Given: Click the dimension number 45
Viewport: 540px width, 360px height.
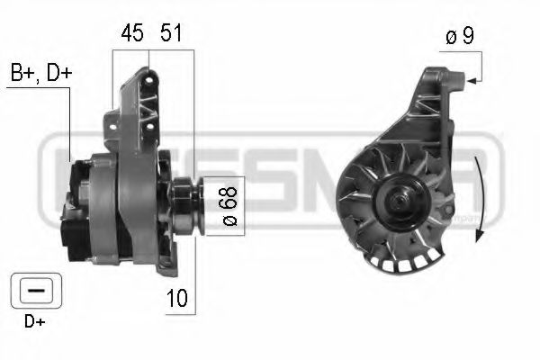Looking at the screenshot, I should pyautogui.click(x=132, y=34).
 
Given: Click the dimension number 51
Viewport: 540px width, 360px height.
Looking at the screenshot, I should pyautogui.click(x=172, y=34).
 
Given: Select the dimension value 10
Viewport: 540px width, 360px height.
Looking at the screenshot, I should pyautogui.click(x=178, y=299).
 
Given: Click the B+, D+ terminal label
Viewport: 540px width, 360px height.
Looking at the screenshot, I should pyautogui.click(x=40, y=73).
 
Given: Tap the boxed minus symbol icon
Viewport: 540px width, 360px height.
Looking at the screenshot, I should pyautogui.click(x=32, y=290).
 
